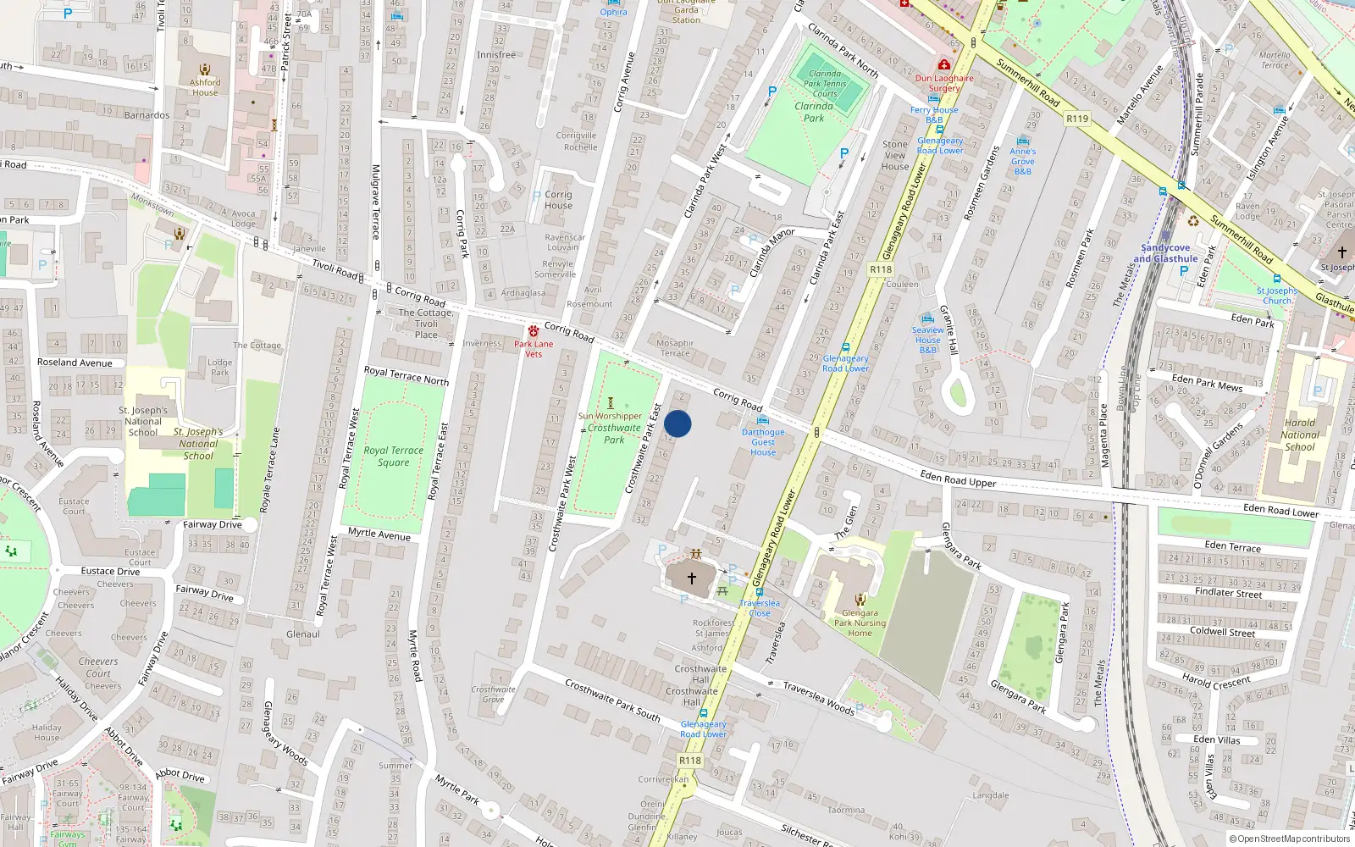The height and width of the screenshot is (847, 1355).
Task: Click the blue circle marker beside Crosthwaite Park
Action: click(x=677, y=423)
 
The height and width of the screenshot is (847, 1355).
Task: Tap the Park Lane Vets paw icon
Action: click(x=534, y=331)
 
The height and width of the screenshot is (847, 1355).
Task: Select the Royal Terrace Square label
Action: click(x=394, y=457)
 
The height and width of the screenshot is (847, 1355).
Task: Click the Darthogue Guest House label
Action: click(x=763, y=442)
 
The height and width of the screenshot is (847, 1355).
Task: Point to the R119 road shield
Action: click(x=1077, y=119)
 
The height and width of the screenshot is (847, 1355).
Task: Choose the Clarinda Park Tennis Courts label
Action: click(x=825, y=83)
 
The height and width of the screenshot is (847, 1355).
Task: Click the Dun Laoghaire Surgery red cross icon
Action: click(x=944, y=65)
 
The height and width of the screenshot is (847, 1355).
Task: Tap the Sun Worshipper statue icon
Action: click(x=611, y=403)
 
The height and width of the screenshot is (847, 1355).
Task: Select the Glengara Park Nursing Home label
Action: click(x=860, y=623)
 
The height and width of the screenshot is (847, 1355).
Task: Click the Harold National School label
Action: click(x=1300, y=435)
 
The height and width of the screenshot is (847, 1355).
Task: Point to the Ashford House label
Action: click(x=205, y=87)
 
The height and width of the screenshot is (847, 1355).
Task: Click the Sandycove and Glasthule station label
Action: click(x=1165, y=253)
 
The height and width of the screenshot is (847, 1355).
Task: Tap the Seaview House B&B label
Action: click(x=928, y=340)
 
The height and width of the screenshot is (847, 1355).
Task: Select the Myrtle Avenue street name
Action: click(x=379, y=534)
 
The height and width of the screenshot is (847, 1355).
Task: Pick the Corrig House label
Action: click(x=558, y=200)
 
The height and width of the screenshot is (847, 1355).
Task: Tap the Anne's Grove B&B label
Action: click(x=1023, y=161)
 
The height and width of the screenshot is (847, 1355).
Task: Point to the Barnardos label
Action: click(x=147, y=115)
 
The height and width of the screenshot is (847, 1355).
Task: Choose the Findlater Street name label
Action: click(x=1228, y=592)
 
